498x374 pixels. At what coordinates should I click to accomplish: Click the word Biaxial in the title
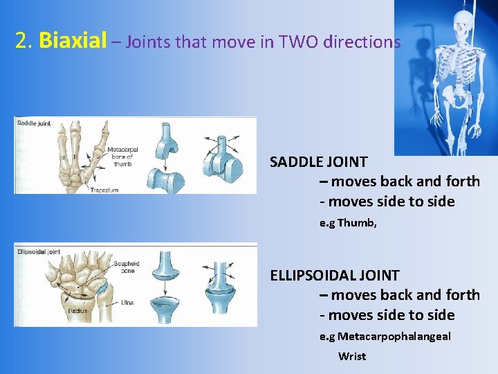click(x=73, y=42)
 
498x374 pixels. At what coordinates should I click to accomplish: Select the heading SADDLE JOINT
click(x=318, y=162)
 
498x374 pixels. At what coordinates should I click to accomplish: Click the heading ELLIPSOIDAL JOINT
click(x=334, y=276)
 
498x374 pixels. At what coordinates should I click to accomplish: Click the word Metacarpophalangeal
click(x=394, y=337)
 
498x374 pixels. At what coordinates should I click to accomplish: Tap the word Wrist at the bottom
click(x=352, y=356)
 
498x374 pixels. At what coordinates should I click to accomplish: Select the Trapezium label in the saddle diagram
click(x=104, y=188)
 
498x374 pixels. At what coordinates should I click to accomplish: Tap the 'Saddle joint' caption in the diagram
click(x=33, y=123)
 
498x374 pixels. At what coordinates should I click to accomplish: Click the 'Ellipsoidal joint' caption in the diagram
click(x=38, y=251)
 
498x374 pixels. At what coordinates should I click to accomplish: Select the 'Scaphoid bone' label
click(x=127, y=267)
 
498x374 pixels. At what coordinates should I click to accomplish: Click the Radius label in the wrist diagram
click(x=77, y=310)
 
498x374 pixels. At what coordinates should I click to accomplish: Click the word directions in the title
click(x=366, y=42)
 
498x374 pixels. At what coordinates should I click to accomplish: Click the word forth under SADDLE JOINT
click(x=463, y=181)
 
